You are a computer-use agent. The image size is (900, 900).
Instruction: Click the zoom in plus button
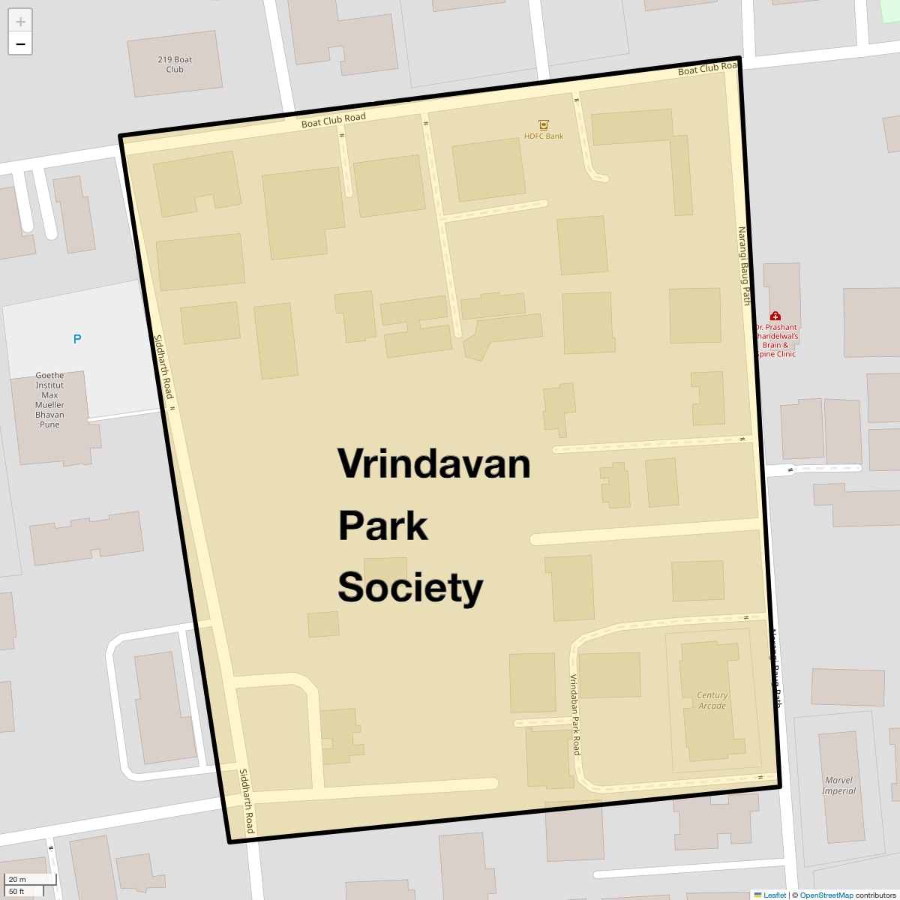click(x=20, y=21)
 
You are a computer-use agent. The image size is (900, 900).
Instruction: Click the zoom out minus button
click(x=20, y=44)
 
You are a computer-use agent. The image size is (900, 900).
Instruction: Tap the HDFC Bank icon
click(x=544, y=124)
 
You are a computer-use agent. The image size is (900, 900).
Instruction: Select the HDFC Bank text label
click(x=544, y=136)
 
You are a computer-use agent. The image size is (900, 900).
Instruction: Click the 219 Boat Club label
click(x=175, y=64)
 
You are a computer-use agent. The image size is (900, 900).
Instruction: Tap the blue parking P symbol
click(x=76, y=339)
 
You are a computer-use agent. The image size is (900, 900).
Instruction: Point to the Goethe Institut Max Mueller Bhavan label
click(x=49, y=400)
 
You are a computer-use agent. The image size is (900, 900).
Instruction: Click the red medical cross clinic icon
click(x=775, y=316)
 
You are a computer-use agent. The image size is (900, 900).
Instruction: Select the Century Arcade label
click(x=712, y=700)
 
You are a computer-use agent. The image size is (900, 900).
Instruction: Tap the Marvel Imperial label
click(x=838, y=785)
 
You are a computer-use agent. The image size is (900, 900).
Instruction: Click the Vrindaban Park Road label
click(x=575, y=715)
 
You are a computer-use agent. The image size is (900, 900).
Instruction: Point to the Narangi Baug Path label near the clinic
click(x=744, y=266)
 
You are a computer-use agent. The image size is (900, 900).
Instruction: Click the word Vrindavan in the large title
click(x=433, y=463)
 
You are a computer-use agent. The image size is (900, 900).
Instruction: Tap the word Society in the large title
click(x=410, y=587)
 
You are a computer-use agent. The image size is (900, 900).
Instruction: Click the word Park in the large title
click(x=382, y=526)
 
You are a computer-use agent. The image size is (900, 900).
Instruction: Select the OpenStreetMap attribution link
click(x=826, y=895)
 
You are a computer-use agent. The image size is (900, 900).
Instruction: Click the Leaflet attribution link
click(x=775, y=895)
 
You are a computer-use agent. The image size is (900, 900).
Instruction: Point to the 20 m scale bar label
click(x=17, y=880)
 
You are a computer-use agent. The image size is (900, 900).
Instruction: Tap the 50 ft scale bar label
click(x=16, y=891)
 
